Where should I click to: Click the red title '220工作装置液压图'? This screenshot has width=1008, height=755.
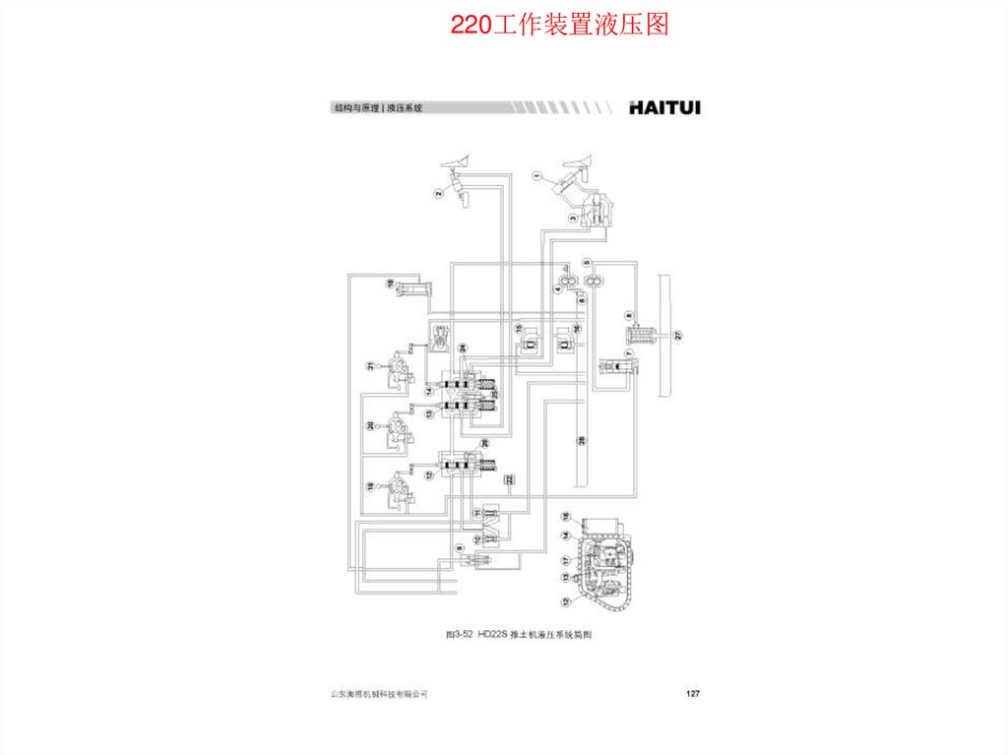559,25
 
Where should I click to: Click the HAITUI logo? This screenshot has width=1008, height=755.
664,108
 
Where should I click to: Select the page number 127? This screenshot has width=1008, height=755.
692,695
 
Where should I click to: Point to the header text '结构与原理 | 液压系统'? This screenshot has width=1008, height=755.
378,108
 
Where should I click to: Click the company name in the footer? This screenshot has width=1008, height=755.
379,695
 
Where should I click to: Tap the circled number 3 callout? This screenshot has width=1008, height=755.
573,217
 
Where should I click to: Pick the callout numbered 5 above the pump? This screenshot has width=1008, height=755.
587,263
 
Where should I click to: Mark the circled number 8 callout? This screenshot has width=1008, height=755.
628,315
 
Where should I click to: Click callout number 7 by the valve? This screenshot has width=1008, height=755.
627,352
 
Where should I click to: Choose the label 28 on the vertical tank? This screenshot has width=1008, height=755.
581,440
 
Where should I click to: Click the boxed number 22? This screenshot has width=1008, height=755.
510,480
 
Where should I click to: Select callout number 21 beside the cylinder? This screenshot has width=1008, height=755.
370,366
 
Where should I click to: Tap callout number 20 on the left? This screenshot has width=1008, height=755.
370,425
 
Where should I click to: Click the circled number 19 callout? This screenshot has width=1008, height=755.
370,486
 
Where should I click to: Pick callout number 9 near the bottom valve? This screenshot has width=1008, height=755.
458,547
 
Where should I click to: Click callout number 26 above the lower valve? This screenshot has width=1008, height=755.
484,444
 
